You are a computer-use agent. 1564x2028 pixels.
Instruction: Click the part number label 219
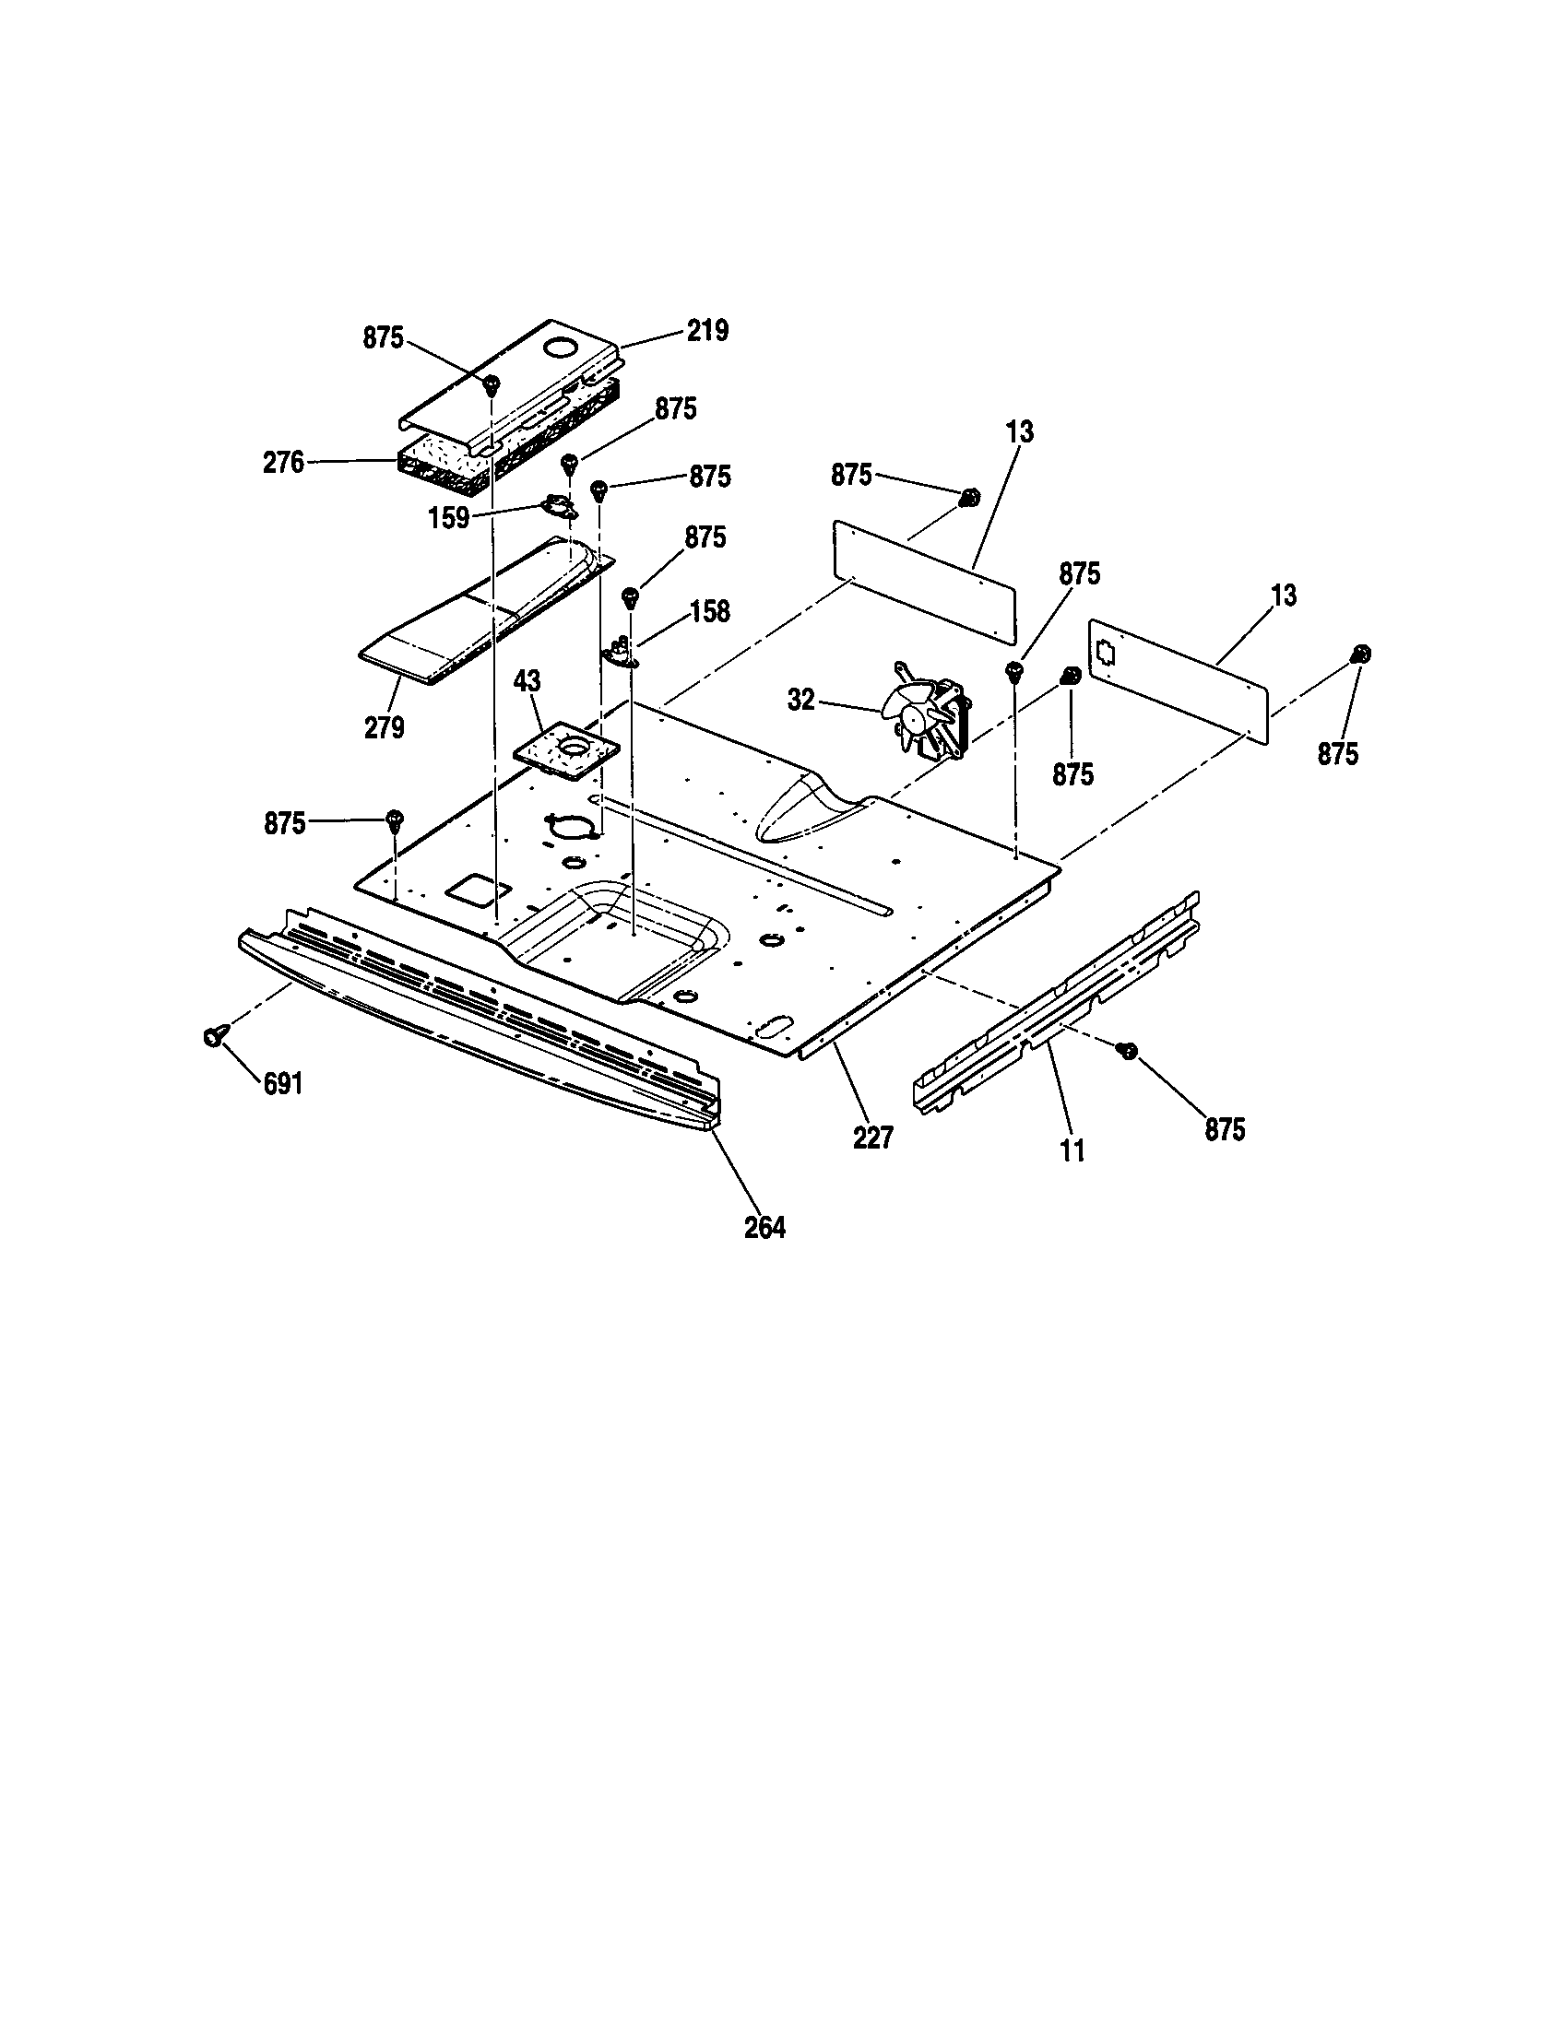[706, 331]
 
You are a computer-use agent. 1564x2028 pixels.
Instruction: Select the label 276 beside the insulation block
[283, 462]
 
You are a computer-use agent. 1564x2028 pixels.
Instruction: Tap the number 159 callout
[448, 517]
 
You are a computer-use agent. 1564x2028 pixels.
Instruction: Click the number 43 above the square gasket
[527, 680]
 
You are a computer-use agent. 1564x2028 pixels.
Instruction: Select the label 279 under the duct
[384, 727]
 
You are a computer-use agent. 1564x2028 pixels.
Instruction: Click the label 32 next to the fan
[800, 700]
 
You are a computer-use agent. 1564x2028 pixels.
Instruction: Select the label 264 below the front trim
[764, 1228]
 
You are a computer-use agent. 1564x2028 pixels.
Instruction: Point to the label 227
[872, 1138]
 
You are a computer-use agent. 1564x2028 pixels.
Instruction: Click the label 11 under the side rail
[1072, 1151]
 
